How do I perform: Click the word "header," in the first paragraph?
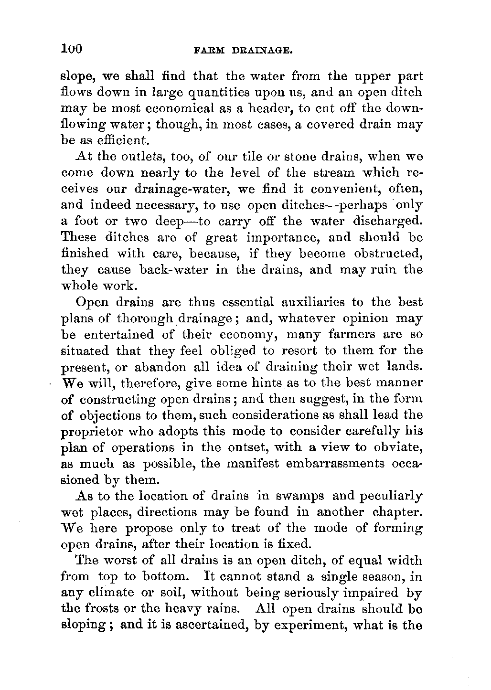[x=269, y=109]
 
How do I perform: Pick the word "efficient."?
[x=109, y=141]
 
